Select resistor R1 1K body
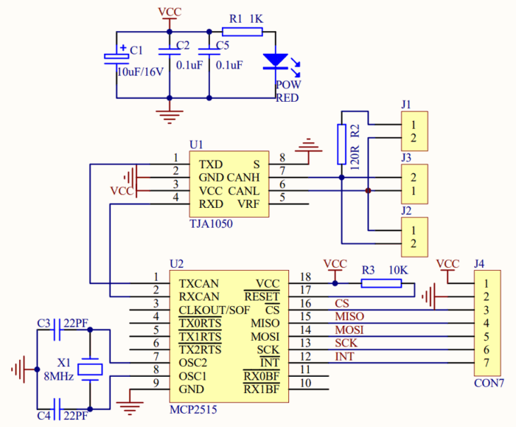tap(241, 32)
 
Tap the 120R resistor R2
tap(341, 144)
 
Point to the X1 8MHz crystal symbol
tap(90, 368)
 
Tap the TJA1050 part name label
tap(211, 222)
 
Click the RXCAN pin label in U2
tap(200, 296)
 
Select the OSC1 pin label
tap(194, 376)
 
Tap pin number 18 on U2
tap(305, 277)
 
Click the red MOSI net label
tap(349, 330)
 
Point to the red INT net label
tap(344, 357)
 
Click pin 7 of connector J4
tap(485, 363)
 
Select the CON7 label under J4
tap(489, 383)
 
